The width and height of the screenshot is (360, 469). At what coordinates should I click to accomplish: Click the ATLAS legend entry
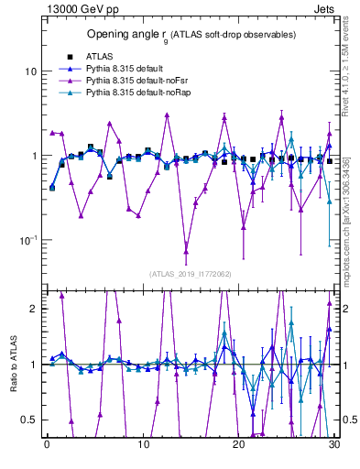(100, 57)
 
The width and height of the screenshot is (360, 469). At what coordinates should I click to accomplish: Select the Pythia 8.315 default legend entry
(126, 69)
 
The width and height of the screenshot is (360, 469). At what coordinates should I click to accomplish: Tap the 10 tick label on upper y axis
(27, 71)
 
